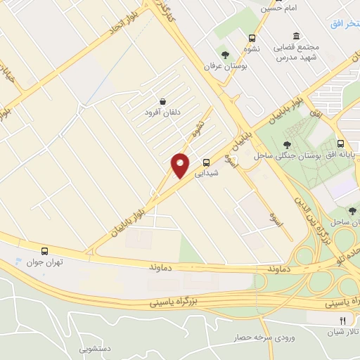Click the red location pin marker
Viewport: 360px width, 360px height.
(180, 165)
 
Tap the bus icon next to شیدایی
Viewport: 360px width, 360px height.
(206, 160)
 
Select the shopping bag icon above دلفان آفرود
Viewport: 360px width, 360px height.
(163, 101)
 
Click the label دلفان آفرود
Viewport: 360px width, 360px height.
(163, 112)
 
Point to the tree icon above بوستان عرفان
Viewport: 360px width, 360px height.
(225, 54)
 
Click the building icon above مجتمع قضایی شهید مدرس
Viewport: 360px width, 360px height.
(297, 36)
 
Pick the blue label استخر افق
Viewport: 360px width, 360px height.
(345, 24)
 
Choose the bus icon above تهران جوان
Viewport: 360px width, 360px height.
(45, 250)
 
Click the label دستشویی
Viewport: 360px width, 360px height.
(96, 347)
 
